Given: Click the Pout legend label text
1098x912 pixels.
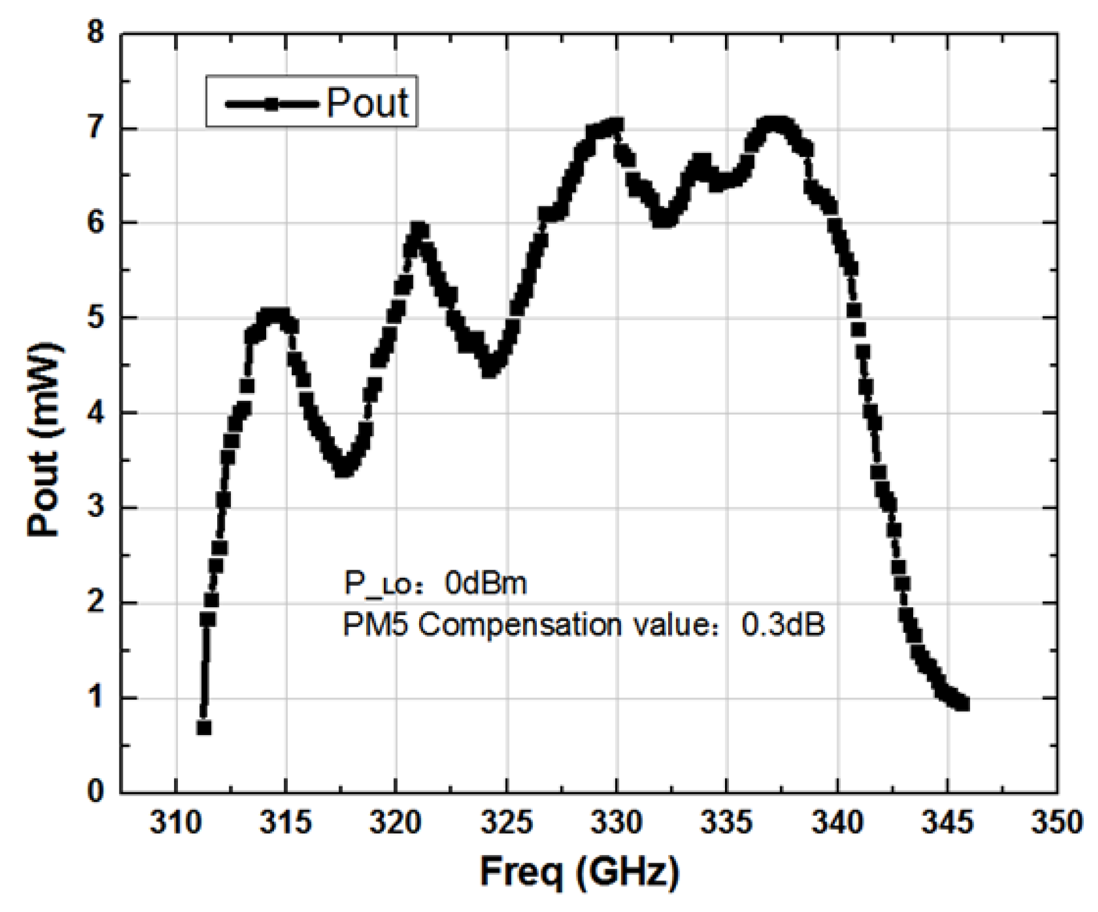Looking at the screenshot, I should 367,103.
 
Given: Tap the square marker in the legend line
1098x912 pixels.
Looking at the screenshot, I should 272,103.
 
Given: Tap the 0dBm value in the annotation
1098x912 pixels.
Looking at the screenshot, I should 486,584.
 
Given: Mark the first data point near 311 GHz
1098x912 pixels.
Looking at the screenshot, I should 204,728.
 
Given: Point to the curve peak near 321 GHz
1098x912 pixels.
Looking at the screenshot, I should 419,230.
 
